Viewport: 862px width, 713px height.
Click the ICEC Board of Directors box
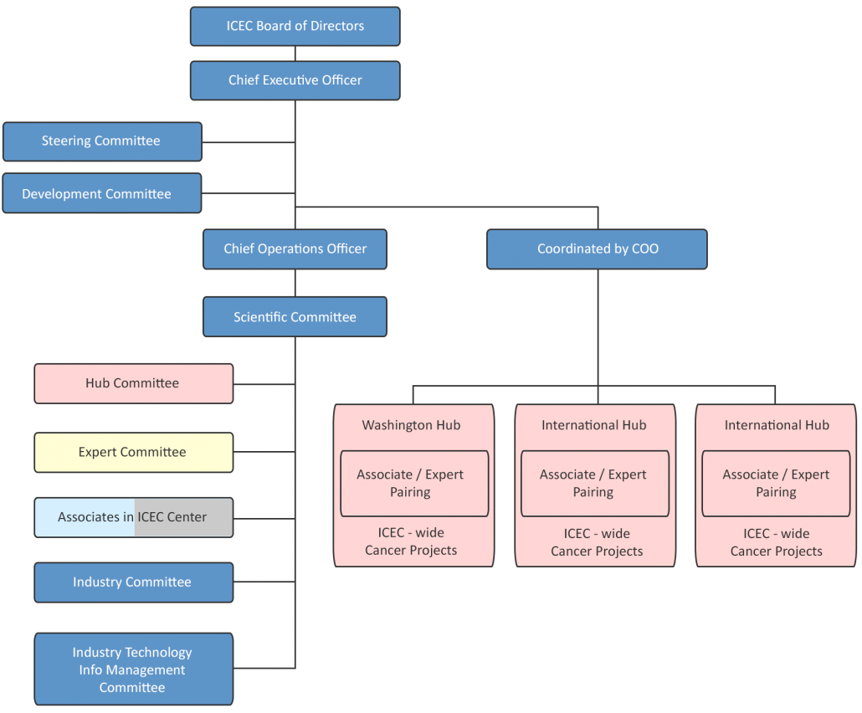tap(295, 26)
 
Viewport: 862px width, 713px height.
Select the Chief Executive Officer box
tap(295, 80)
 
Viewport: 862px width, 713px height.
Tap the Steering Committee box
tap(102, 141)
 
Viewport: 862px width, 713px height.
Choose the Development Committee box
tap(101, 193)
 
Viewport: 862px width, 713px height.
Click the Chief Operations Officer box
tap(295, 249)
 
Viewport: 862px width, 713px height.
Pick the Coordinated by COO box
tap(597, 249)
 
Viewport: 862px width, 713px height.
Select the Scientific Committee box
tap(295, 317)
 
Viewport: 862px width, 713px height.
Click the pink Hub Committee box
tap(133, 383)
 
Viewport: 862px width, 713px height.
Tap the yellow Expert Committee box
tap(133, 452)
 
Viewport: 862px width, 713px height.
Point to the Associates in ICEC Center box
tap(133, 517)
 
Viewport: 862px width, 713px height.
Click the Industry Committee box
tap(133, 582)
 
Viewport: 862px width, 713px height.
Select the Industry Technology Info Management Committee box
tap(133, 669)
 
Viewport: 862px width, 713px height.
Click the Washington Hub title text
tap(411, 425)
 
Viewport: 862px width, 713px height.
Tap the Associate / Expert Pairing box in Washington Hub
tap(413, 484)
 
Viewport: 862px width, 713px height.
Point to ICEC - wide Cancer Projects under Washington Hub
tap(411, 542)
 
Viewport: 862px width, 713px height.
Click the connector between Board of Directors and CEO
tap(295, 54)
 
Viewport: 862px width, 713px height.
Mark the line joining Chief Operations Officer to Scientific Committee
tap(295, 283)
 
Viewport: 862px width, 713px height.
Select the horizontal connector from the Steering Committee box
tap(248, 142)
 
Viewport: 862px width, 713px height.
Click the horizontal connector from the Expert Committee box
tap(264, 452)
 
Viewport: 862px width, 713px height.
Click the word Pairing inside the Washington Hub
tap(410, 493)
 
